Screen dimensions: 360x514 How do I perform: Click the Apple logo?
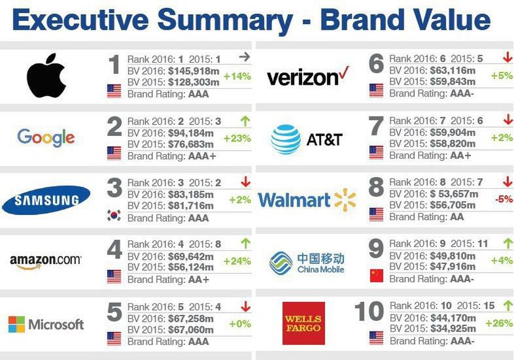point(46,76)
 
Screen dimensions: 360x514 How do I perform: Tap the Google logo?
point(46,137)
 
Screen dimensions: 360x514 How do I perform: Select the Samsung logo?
point(46,199)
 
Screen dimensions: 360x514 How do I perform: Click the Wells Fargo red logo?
point(303,323)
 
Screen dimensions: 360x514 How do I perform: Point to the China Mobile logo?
point(307,262)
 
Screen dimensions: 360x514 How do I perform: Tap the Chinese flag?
point(376,275)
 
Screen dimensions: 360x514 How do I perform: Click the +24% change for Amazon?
point(237,261)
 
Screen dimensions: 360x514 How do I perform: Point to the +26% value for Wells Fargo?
point(498,323)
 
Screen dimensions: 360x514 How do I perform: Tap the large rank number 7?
point(375,125)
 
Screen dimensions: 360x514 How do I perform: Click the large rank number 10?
point(368,312)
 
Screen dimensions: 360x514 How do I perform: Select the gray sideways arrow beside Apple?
point(245,57)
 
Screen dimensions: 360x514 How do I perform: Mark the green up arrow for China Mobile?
point(506,244)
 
